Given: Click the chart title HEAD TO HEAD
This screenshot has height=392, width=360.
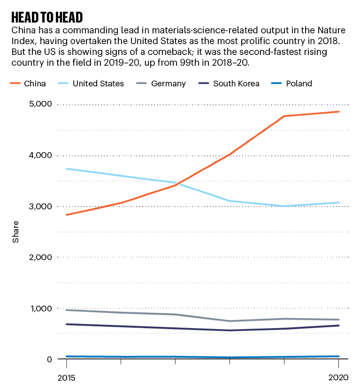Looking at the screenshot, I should [x=47, y=18].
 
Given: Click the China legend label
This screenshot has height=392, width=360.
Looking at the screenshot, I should [x=36, y=84].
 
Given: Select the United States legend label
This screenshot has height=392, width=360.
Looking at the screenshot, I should [x=98, y=84].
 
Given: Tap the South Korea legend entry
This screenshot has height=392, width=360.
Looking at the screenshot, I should [x=236, y=84].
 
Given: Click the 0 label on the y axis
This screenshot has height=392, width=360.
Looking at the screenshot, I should [x=49, y=359].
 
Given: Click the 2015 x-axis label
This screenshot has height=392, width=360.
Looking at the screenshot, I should [x=67, y=377].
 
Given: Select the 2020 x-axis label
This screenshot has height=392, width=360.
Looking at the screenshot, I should [x=338, y=377].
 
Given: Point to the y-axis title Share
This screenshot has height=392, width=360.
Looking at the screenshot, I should [x=16, y=232].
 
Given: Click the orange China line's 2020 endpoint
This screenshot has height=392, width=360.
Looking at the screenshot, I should [x=338, y=112].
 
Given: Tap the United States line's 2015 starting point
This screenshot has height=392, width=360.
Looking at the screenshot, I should [x=67, y=169].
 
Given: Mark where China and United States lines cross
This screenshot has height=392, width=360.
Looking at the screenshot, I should [x=178, y=183].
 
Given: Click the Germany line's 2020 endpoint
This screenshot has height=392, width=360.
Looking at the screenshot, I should [x=338, y=320].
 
